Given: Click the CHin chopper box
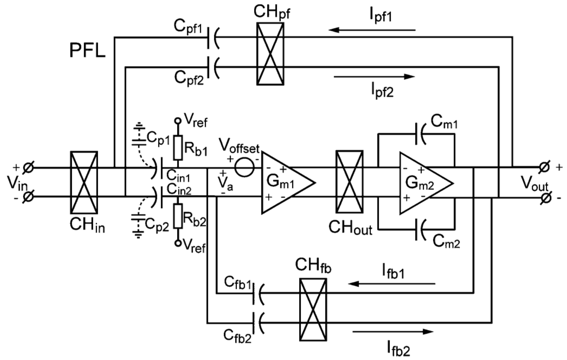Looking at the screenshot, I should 84,182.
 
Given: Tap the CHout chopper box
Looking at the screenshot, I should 349,182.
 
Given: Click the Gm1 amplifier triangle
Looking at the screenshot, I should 284,183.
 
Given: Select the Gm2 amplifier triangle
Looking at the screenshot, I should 422,183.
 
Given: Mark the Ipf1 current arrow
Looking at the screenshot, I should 372,30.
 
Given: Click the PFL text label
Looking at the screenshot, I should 87,51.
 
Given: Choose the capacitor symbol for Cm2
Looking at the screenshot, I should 420,230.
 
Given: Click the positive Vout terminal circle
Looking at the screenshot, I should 546,166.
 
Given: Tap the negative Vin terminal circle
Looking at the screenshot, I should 29,197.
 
